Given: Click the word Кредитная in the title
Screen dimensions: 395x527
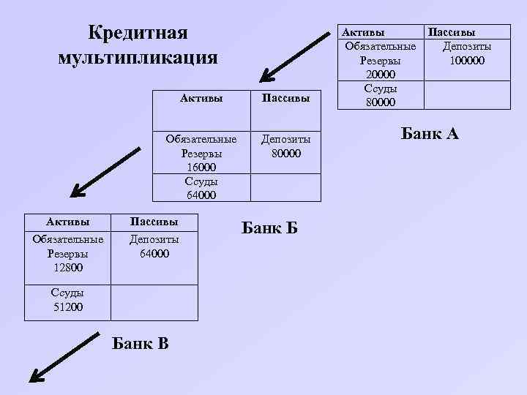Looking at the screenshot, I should coord(138,33).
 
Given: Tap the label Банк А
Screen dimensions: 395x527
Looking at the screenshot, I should coord(429,133).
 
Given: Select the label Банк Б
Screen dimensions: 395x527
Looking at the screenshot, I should coord(269,227).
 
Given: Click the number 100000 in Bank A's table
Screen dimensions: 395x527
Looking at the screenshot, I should coord(467,60).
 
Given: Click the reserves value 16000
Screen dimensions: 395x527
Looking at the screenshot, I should coord(201,168).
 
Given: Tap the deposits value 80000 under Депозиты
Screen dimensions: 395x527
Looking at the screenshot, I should coord(285,154).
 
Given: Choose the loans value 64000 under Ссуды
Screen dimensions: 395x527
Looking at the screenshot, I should coord(201,195).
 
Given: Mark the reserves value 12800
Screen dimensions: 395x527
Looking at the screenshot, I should coord(67,268).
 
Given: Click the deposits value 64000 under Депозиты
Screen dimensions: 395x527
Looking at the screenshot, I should coord(154,254).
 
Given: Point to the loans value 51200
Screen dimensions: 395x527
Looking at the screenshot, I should coord(67,306).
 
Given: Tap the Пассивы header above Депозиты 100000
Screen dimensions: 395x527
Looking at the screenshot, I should coord(451,32).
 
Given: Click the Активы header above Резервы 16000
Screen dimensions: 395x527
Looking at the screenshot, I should coord(201,97).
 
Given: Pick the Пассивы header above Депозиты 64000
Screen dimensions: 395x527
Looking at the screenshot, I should coord(154,221).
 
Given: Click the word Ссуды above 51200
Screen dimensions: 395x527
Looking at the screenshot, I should coord(67,293).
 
